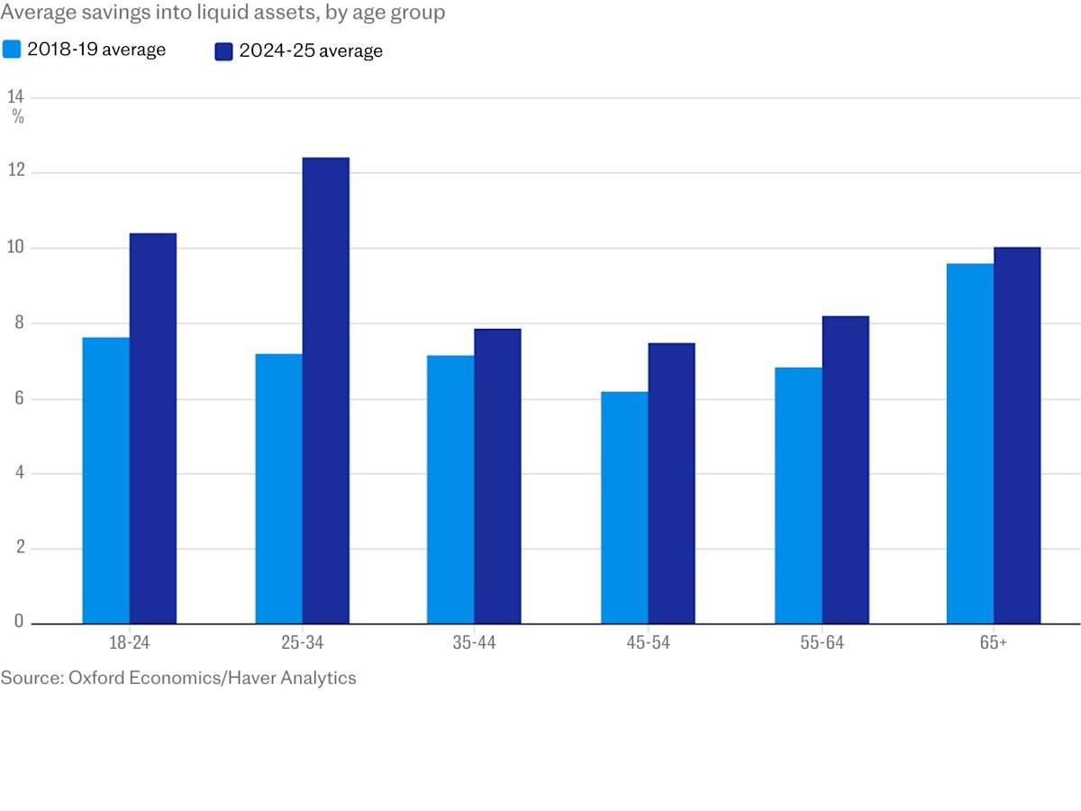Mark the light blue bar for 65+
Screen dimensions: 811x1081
coord(970,443)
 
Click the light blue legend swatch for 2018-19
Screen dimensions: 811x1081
coord(12,50)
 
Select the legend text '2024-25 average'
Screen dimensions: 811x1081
coord(311,51)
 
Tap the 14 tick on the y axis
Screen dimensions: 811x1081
coord(16,96)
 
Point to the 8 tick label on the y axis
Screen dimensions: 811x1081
coord(17,323)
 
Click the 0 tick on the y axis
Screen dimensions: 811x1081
coord(18,622)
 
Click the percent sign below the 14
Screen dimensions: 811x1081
coord(18,117)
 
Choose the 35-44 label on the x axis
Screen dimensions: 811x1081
coord(474,643)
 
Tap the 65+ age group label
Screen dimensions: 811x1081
coord(994,643)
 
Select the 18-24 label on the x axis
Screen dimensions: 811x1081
coord(129,643)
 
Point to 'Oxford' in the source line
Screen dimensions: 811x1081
coord(97,678)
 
